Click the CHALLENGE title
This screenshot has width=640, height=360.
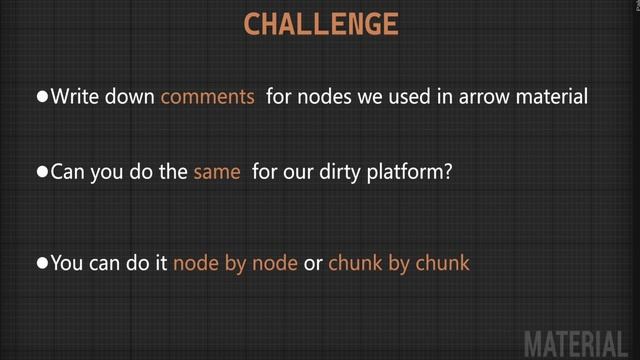[320, 24]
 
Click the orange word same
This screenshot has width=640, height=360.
[217, 172]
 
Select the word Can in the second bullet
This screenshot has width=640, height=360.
[68, 172]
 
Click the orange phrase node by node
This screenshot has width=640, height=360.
[235, 263]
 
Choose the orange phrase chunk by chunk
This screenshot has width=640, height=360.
[399, 263]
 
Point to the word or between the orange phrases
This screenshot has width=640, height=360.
[313, 264]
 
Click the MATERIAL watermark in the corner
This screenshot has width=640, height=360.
[579, 341]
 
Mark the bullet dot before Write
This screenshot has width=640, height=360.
[42, 97]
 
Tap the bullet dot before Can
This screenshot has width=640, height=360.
[42, 172]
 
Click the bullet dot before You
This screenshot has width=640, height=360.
[42, 263]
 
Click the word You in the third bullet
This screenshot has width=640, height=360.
[66, 263]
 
